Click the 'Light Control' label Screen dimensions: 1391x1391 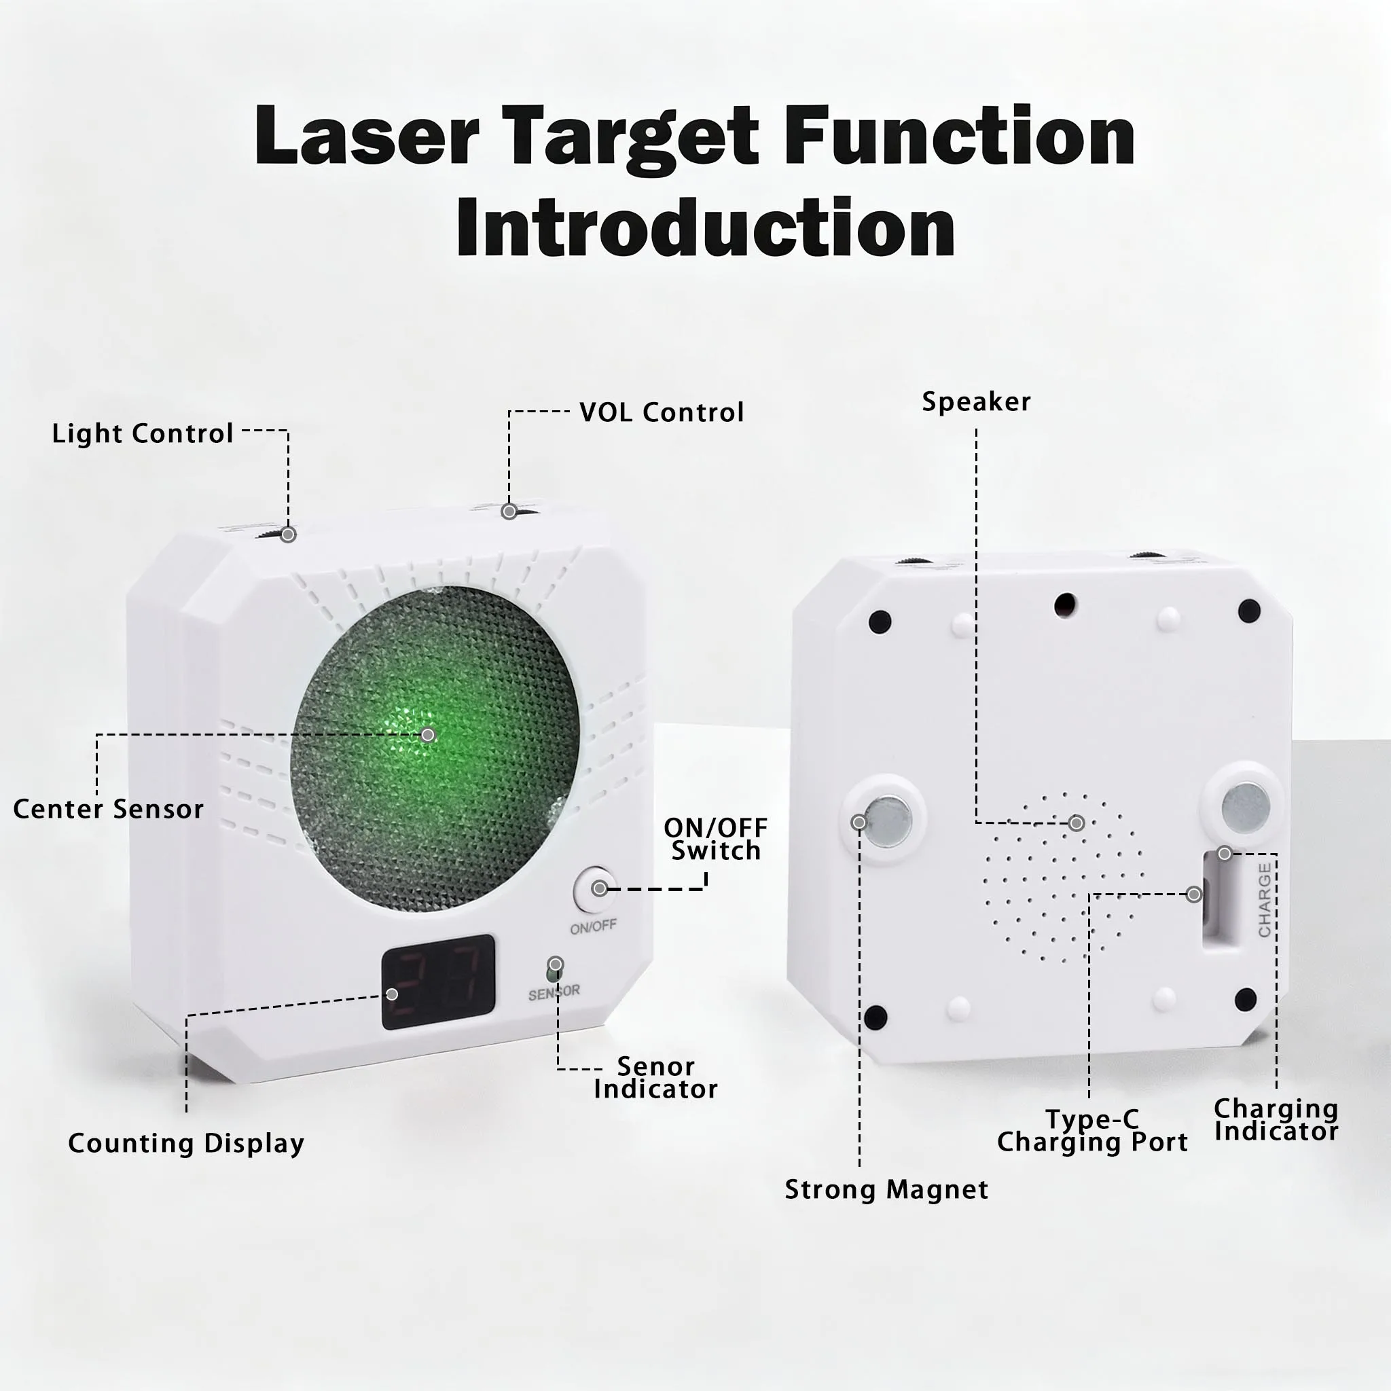(x=143, y=433)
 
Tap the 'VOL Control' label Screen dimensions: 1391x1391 (x=662, y=412)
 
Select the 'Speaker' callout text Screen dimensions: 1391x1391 (x=976, y=402)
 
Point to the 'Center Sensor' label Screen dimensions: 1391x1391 (x=109, y=809)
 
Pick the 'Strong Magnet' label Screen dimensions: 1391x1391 (x=886, y=1190)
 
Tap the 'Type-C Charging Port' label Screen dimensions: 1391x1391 (x=1092, y=1131)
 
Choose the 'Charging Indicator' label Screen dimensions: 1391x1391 (x=1276, y=1120)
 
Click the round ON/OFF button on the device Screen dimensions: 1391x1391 (x=595, y=890)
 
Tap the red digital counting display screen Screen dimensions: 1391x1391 (x=439, y=982)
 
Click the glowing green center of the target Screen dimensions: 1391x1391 (x=427, y=735)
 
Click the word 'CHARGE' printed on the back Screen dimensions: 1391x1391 (x=1264, y=901)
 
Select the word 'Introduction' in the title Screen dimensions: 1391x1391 (x=706, y=228)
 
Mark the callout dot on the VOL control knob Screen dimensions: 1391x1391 (x=509, y=512)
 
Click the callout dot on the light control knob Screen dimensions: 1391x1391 (x=288, y=535)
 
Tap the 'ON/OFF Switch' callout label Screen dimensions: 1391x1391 (x=716, y=839)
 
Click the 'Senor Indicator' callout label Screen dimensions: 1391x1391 (x=656, y=1078)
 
